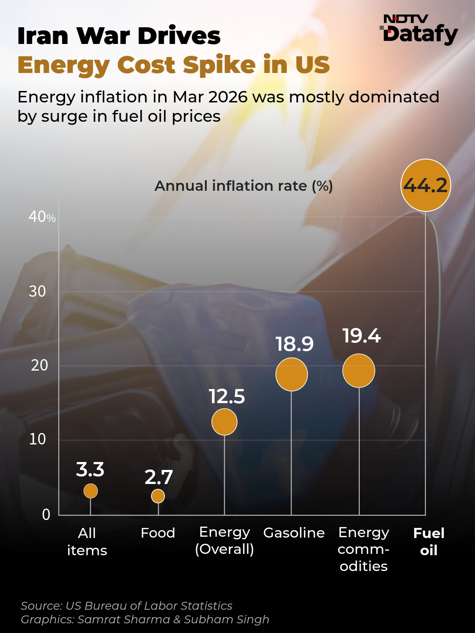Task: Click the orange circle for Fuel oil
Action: tap(426, 185)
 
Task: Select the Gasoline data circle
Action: tap(292, 374)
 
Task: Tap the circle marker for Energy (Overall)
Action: tap(224, 422)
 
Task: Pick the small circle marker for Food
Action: tap(158, 496)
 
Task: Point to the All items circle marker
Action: tap(91, 491)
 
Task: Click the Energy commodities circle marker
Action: tap(359, 371)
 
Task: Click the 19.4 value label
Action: tap(362, 336)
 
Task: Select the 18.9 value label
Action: tap(294, 344)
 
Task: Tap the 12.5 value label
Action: tap(227, 397)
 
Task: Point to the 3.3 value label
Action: tap(90, 469)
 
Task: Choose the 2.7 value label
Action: tap(159, 477)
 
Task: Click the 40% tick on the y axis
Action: tap(42, 217)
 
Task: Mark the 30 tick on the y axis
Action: tap(37, 291)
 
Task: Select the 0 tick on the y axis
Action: tap(46, 515)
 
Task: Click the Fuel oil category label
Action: tap(429, 542)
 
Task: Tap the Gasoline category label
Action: tap(294, 533)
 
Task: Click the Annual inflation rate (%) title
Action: tap(244, 186)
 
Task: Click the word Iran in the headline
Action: tap(42, 36)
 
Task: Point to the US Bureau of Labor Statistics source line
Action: tap(127, 606)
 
